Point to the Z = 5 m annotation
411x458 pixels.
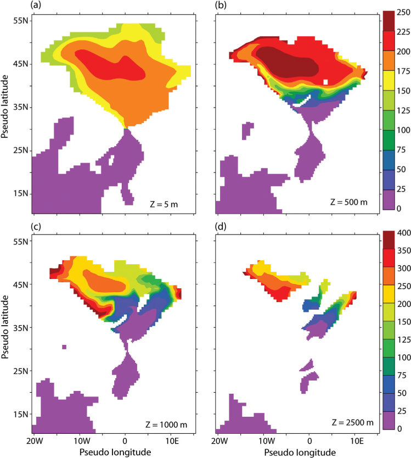(164, 204)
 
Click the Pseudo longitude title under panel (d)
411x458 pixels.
(297, 453)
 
